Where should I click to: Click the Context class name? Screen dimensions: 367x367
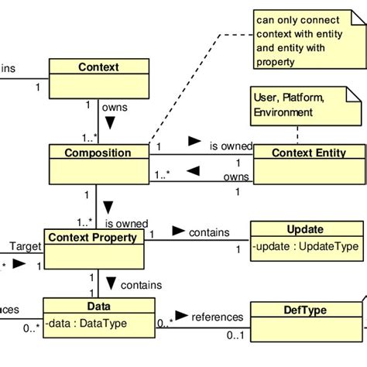click(98, 67)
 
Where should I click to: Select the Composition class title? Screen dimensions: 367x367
click(98, 153)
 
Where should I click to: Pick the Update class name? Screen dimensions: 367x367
click(305, 229)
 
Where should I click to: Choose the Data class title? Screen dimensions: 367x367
click(98, 307)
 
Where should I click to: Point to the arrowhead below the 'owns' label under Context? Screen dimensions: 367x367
click(110, 122)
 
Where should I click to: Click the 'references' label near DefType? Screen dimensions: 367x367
click(218, 317)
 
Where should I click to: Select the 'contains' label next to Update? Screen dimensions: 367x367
click(209, 232)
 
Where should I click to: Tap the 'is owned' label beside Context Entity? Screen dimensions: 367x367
click(231, 146)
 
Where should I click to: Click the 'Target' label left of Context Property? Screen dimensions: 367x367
click(25, 246)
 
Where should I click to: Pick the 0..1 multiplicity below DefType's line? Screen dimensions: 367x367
click(235, 334)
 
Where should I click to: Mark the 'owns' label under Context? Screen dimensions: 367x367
click(115, 108)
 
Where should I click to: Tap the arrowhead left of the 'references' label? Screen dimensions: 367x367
click(180, 316)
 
